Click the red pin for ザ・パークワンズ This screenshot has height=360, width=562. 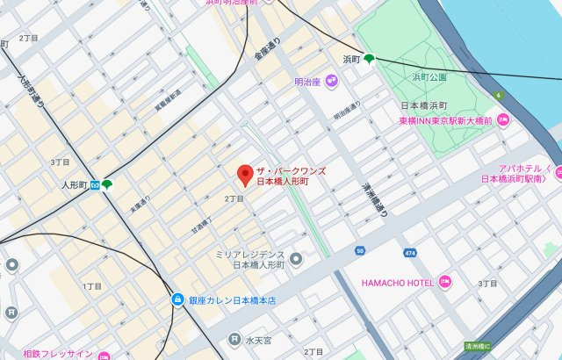[x=246, y=174]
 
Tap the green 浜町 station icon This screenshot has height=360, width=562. [x=370, y=60]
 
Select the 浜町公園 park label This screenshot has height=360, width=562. [x=429, y=77]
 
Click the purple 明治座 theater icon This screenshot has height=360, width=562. [x=331, y=83]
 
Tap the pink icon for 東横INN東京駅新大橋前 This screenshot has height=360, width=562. [x=502, y=120]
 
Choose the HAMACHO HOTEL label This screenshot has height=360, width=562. [x=398, y=283]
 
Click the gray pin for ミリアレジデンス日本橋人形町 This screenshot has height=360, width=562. [x=297, y=258]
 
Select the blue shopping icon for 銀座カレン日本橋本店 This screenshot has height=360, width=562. [x=178, y=299]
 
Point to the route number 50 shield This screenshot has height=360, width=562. [x=360, y=251]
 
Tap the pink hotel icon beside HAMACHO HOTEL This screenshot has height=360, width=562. [x=444, y=283]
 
